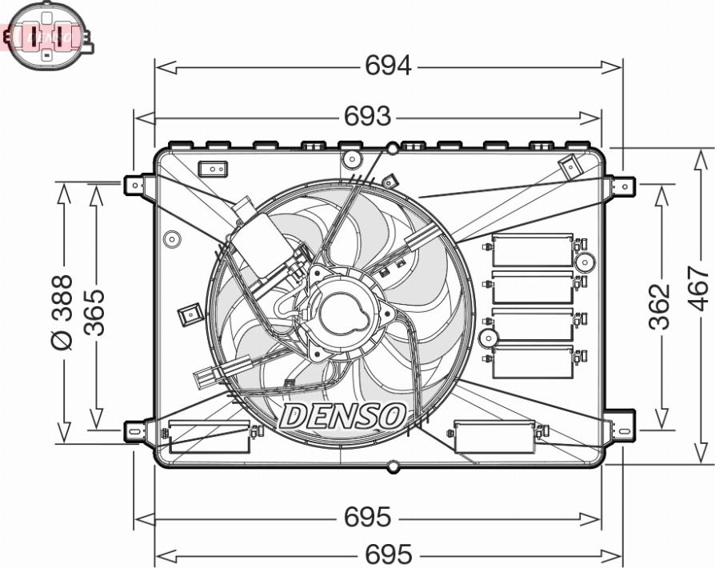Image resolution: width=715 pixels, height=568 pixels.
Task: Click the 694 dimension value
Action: [x=388, y=66]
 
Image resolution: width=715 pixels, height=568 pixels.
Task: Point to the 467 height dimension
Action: [x=698, y=289]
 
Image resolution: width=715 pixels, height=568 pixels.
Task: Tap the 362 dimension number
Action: [x=658, y=306]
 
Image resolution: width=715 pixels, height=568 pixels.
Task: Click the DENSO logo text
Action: [x=343, y=415]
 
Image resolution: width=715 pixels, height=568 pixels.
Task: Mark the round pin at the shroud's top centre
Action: [x=393, y=148]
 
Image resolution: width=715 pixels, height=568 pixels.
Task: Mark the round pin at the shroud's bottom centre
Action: [x=393, y=466]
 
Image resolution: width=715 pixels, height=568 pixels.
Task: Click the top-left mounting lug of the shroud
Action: [x=137, y=186]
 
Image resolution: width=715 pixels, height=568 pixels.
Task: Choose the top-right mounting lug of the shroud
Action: [x=622, y=186]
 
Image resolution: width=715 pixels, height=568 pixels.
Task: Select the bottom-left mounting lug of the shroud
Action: [x=137, y=431]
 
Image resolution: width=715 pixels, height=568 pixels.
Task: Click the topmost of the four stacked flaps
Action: [x=533, y=250]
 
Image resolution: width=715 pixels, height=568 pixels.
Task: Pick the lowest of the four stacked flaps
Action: [x=533, y=362]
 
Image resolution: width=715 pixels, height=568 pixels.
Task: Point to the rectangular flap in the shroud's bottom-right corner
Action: [x=494, y=437]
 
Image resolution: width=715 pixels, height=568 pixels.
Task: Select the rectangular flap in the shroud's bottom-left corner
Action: [x=210, y=437]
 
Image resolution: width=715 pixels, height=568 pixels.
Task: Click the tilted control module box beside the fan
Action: [x=259, y=243]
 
